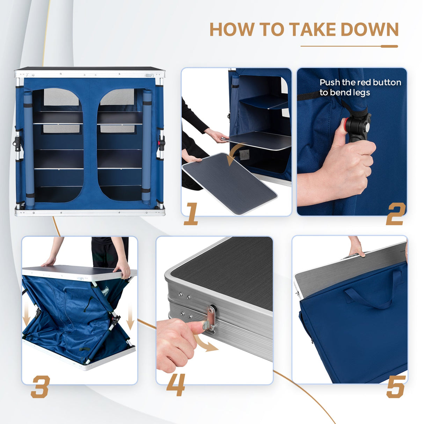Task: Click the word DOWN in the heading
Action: point(370,29)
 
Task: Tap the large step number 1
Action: point(191,214)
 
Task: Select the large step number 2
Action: point(396,214)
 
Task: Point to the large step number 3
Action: point(41,387)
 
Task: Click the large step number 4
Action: point(176,385)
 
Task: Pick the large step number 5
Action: point(396,387)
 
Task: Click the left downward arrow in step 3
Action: point(27,317)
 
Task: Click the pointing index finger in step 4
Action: point(189,327)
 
